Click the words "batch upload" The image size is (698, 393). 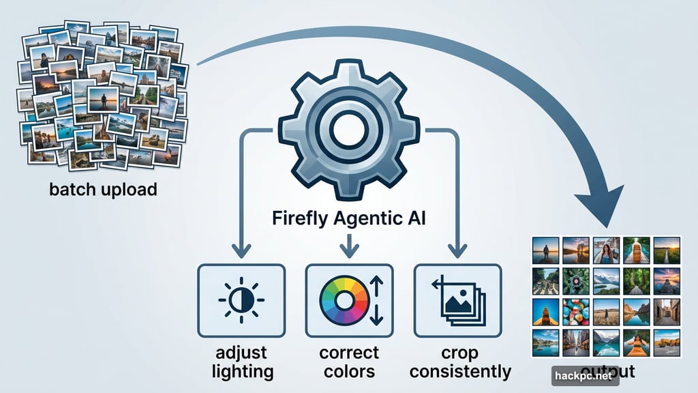pyautogui.click(x=103, y=189)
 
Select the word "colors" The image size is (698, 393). pyautogui.click(x=349, y=372)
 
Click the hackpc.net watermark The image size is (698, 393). pyautogui.click(x=585, y=375)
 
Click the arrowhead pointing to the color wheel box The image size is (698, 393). pyautogui.click(x=349, y=252)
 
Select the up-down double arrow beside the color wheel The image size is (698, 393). pyautogui.click(x=377, y=301)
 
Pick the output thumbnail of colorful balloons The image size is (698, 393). pyautogui.click(x=576, y=311)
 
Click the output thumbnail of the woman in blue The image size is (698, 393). pyautogui.click(x=606, y=250)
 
